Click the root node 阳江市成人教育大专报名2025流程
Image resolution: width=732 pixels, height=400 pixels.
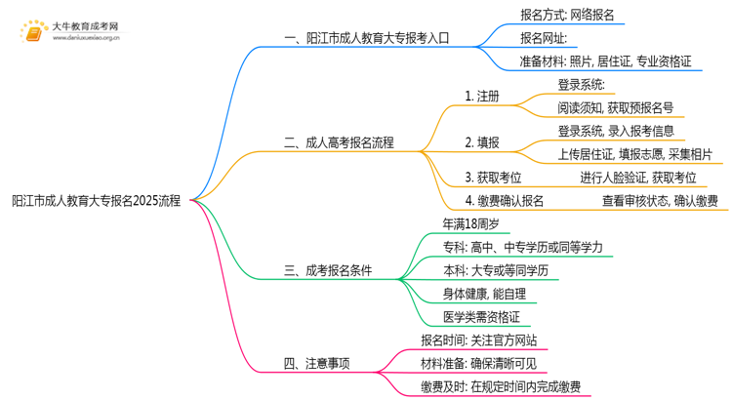tap(97, 200)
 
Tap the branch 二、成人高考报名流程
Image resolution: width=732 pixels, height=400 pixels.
tap(339, 142)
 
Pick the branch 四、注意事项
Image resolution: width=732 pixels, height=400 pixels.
tap(316, 364)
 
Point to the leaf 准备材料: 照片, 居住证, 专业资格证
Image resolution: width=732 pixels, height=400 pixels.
tap(606, 61)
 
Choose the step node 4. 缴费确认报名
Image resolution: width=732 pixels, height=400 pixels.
tap(505, 201)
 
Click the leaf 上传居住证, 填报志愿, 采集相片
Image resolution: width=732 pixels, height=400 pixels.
tap(634, 153)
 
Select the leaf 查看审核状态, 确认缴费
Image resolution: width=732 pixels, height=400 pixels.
tap(659, 201)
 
